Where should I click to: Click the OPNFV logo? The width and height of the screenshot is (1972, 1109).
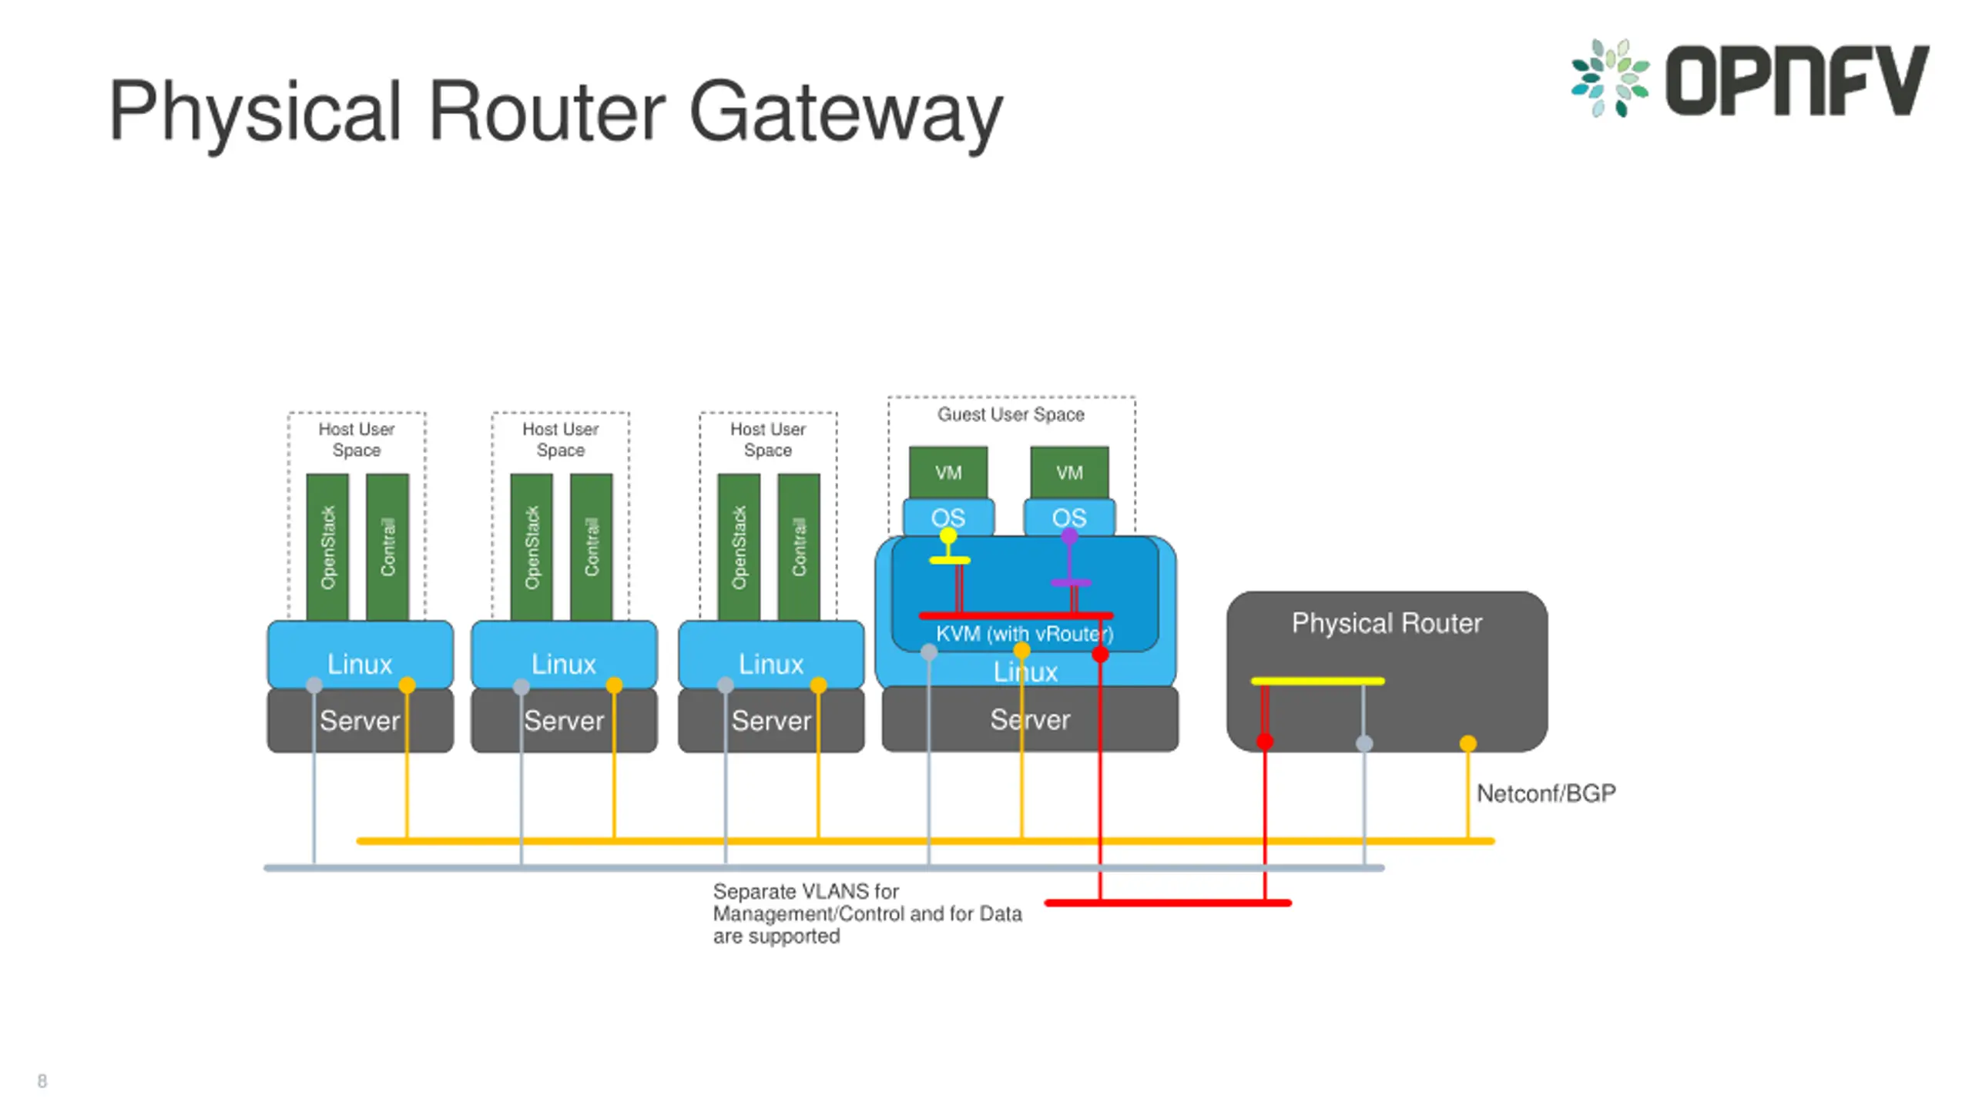tap(1749, 79)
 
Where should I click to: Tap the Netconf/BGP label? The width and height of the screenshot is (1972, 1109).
tap(1545, 793)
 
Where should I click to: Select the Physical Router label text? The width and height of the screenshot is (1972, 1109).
tap(1387, 622)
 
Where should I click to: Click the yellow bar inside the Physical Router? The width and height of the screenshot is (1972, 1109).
tap(1317, 681)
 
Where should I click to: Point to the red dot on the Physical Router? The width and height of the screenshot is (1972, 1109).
tap(1264, 742)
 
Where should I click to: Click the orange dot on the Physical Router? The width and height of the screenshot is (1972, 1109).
tap(1467, 743)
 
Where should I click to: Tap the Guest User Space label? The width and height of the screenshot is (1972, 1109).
tap(1011, 414)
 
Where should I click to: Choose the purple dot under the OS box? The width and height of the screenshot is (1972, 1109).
tap(1069, 536)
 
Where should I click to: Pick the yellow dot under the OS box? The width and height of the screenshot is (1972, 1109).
tap(947, 535)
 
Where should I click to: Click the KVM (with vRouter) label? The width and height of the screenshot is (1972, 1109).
tap(1025, 634)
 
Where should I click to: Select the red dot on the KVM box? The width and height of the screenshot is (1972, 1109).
tap(1100, 655)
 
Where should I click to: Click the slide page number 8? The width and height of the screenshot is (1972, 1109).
tap(42, 1081)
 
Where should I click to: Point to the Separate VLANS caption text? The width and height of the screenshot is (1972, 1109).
tap(867, 913)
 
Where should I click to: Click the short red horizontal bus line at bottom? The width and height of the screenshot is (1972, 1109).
tap(1168, 903)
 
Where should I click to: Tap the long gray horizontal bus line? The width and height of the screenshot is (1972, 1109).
tap(824, 868)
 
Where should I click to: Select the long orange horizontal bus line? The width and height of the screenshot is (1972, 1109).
tap(925, 841)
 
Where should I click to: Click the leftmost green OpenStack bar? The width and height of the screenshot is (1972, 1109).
tap(327, 547)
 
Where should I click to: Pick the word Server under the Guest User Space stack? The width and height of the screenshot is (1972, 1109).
tap(1030, 719)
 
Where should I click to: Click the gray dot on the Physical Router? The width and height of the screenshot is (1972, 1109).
tap(1363, 743)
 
